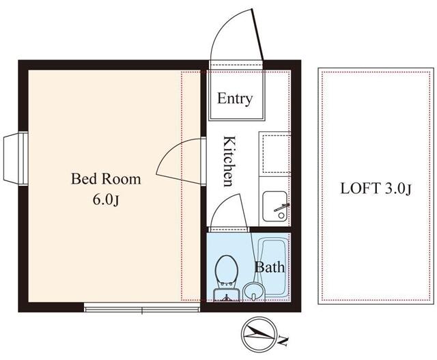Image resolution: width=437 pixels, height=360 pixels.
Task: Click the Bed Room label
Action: [x=107, y=180]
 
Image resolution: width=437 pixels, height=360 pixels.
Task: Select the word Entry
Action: [x=235, y=98]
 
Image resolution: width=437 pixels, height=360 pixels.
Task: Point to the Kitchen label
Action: [x=230, y=161]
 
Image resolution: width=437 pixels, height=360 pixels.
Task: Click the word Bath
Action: [x=270, y=267]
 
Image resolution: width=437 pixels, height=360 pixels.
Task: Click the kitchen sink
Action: [x=275, y=206]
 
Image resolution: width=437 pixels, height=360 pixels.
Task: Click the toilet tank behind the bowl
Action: [x=225, y=295]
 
